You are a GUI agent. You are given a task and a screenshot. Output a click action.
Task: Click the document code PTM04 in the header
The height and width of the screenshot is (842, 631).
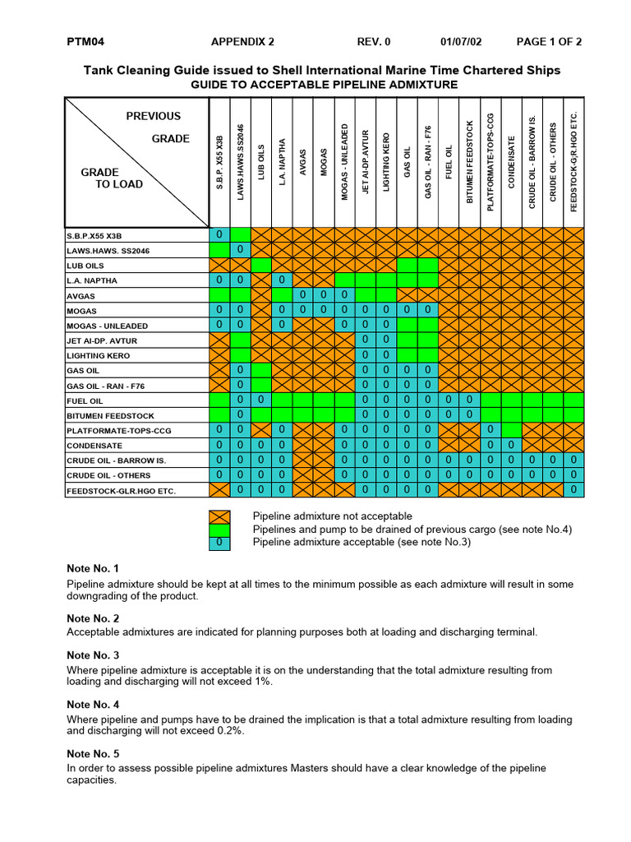85,42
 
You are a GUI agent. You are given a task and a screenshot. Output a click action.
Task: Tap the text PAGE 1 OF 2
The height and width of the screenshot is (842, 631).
549,42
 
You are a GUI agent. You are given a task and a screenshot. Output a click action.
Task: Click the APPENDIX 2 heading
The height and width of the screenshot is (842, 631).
242,42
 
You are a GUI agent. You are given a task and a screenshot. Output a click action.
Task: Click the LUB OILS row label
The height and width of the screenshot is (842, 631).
86,266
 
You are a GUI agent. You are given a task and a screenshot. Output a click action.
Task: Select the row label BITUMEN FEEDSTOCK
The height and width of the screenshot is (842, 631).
102,415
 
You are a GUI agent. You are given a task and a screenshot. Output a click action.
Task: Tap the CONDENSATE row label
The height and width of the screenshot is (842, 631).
94,446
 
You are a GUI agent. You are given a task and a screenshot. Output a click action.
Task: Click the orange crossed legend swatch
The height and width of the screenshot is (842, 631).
219,516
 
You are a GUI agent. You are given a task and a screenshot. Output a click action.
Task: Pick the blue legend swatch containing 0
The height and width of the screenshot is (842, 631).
219,543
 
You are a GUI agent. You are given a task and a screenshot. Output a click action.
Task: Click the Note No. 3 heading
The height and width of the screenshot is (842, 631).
93,655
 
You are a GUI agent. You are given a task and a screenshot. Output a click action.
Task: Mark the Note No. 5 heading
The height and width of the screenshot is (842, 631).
93,754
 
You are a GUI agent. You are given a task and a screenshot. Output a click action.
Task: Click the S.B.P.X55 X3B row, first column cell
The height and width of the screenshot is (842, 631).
219,235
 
